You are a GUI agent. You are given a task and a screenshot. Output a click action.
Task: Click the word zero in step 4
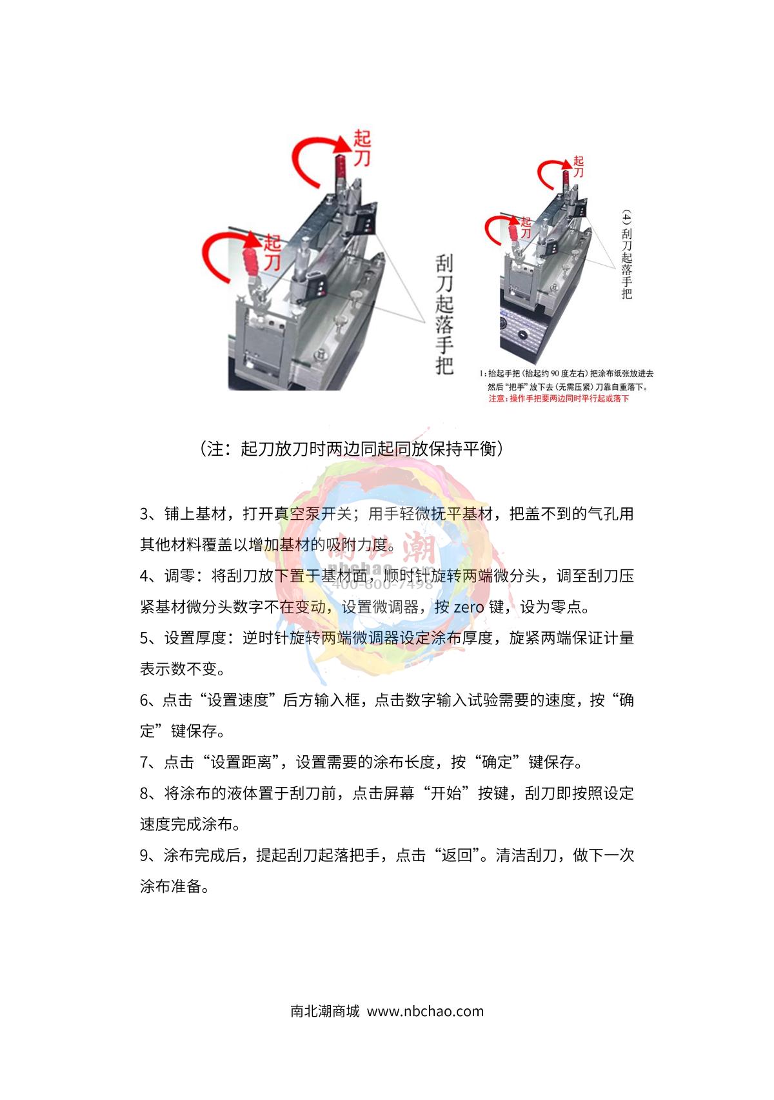coord(468,607)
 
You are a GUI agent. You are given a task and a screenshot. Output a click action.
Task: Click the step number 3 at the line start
coord(144,514)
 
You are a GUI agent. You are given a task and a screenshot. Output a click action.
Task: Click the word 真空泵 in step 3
coord(297,514)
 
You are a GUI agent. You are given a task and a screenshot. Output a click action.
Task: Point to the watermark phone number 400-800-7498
coord(382,586)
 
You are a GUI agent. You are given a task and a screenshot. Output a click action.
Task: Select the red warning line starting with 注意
coord(559,399)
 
